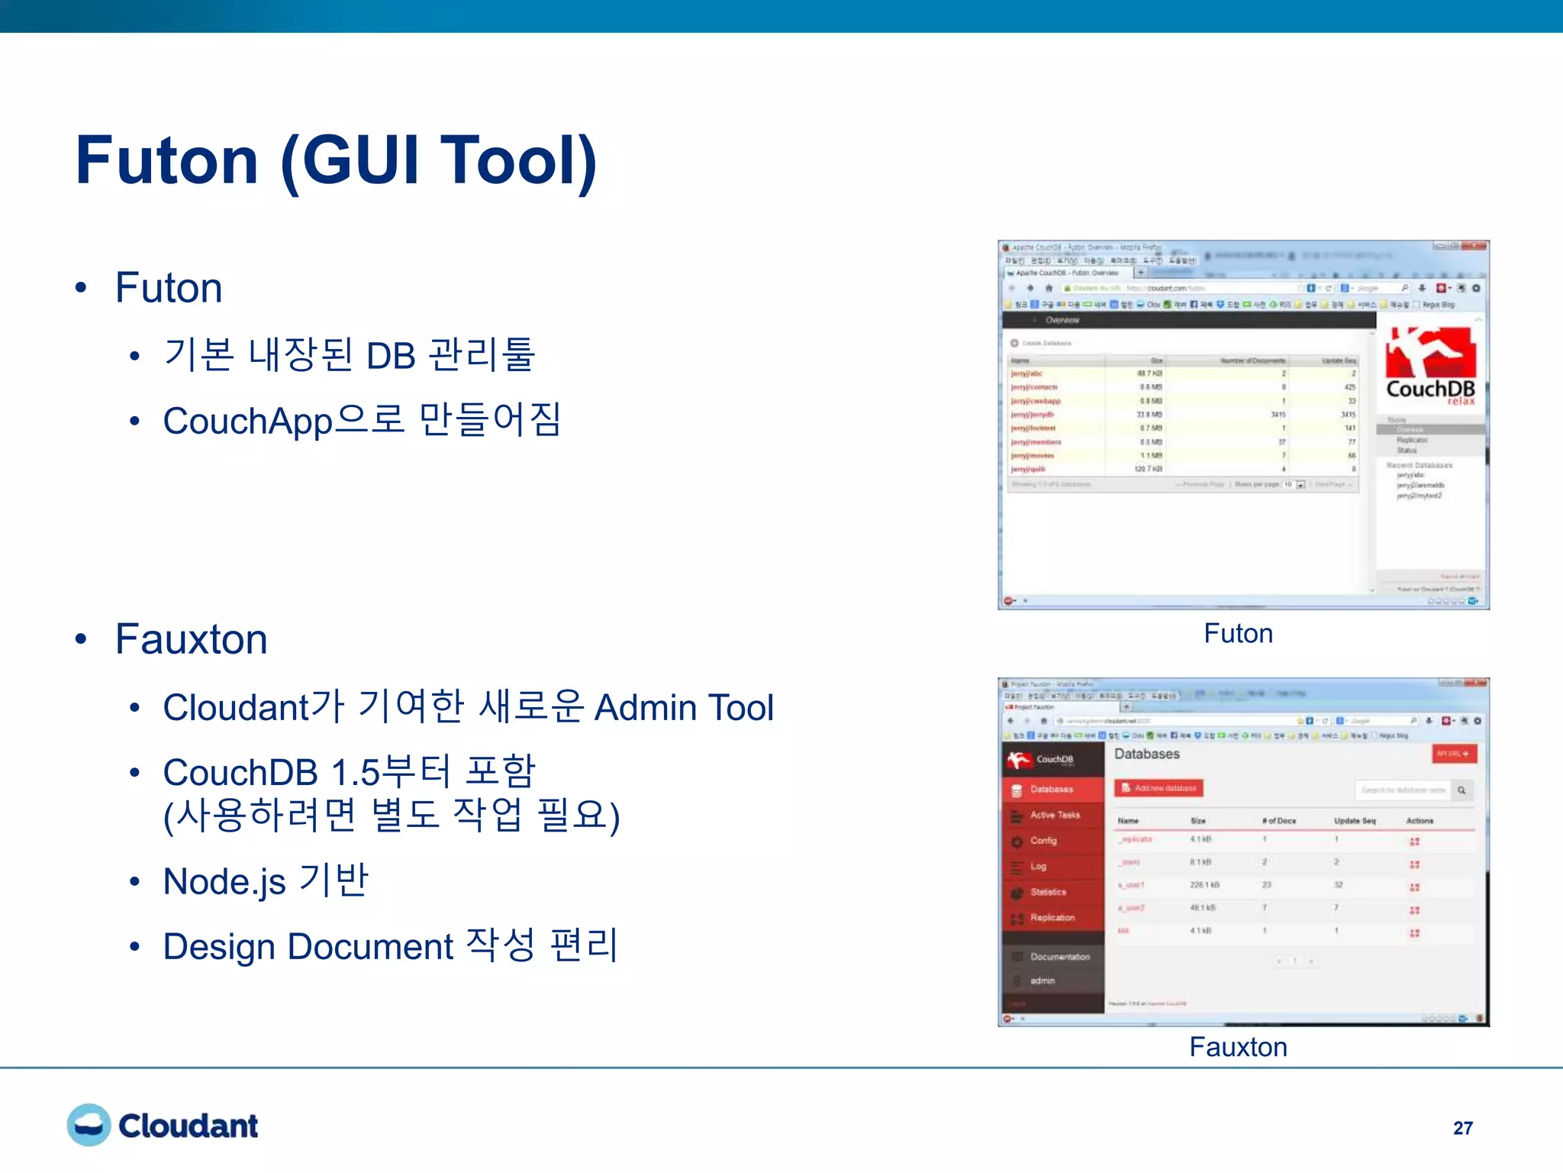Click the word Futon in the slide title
click(x=166, y=160)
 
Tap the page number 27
click(x=1462, y=1128)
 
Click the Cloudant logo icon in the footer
click(x=89, y=1125)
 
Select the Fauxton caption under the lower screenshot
click(x=1238, y=1046)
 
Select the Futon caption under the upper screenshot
click(x=1238, y=633)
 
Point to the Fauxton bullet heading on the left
click(x=191, y=639)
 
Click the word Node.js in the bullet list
click(x=224, y=882)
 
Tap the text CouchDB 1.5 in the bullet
click(x=271, y=773)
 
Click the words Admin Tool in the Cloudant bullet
click(x=684, y=707)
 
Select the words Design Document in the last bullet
click(x=308, y=947)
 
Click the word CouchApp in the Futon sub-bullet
click(x=247, y=421)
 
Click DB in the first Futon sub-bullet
click(x=391, y=356)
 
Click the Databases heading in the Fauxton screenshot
click(x=1146, y=754)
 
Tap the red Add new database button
click(x=1159, y=787)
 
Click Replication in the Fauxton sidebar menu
click(x=1052, y=917)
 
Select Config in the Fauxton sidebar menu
click(x=1043, y=840)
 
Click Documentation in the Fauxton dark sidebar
click(x=1059, y=956)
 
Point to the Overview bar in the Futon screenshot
click(x=1062, y=320)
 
